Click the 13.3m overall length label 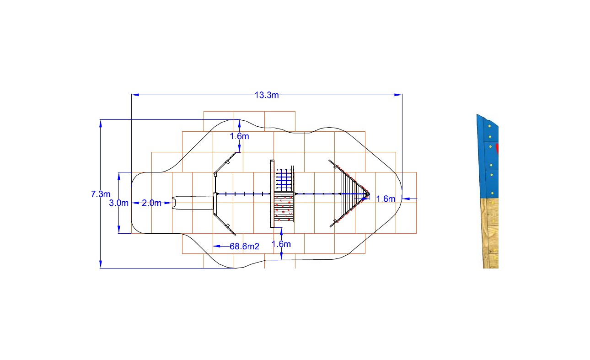tap(267, 95)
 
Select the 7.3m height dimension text tap(101, 194)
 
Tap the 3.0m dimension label tap(118, 203)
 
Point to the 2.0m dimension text tap(151, 203)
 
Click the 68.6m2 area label tap(244, 247)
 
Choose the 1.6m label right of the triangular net tap(386, 199)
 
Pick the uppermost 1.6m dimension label tap(239, 136)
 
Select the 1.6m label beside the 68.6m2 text tap(281, 244)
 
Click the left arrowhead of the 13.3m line tap(135, 95)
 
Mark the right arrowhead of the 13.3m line tap(398, 95)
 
